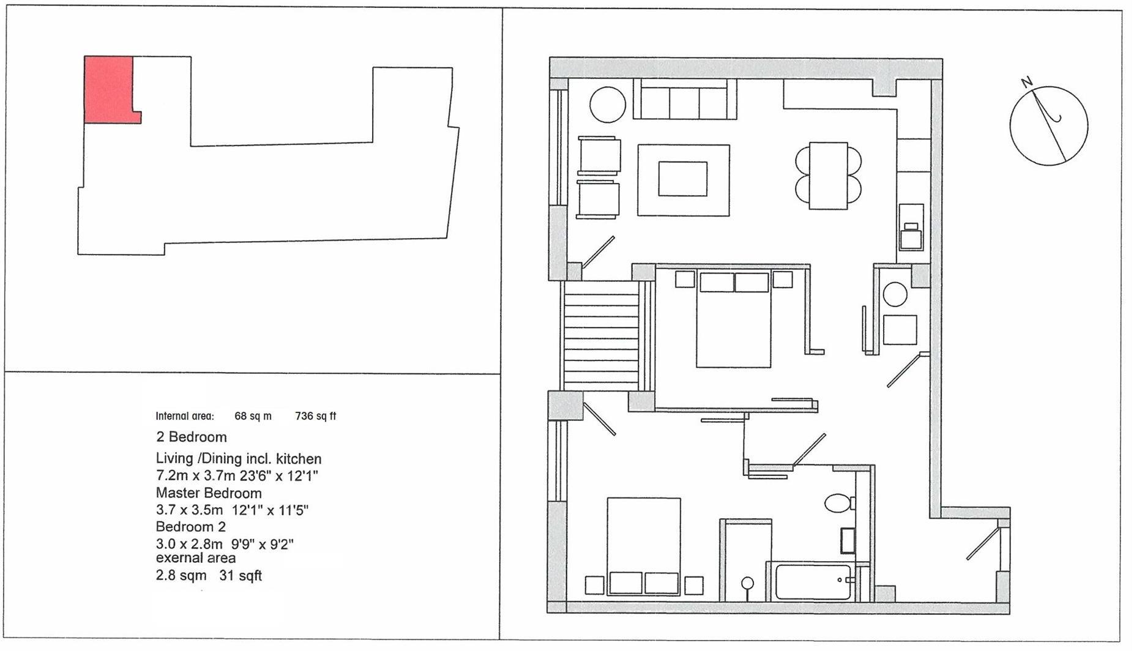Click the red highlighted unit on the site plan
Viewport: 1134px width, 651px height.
click(108, 89)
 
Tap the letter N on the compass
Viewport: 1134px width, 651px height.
click(1027, 82)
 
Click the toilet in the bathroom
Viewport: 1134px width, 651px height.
click(837, 504)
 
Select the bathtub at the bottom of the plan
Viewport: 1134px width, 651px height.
click(813, 582)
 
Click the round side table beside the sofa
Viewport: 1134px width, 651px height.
click(607, 105)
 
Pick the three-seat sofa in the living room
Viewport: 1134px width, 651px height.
click(685, 100)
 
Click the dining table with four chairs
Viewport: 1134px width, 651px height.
click(828, 176)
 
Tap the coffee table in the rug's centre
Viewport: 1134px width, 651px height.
click(682, 179)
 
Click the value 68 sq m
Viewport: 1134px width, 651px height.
click(253, 417)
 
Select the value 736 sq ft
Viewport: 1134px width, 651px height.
click(315, 417)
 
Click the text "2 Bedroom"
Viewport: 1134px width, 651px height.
click(191, 437)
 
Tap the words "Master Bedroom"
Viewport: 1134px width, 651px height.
click(209, 493)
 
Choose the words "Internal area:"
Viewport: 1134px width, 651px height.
click(185, 417)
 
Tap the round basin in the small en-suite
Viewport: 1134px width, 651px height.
click(895, 294)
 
